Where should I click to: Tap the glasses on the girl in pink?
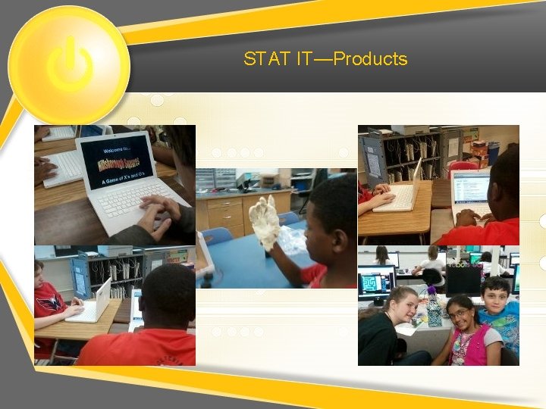(457, 313)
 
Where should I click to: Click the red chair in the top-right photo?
(463, 167)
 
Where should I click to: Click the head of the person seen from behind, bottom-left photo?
(167, 292)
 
